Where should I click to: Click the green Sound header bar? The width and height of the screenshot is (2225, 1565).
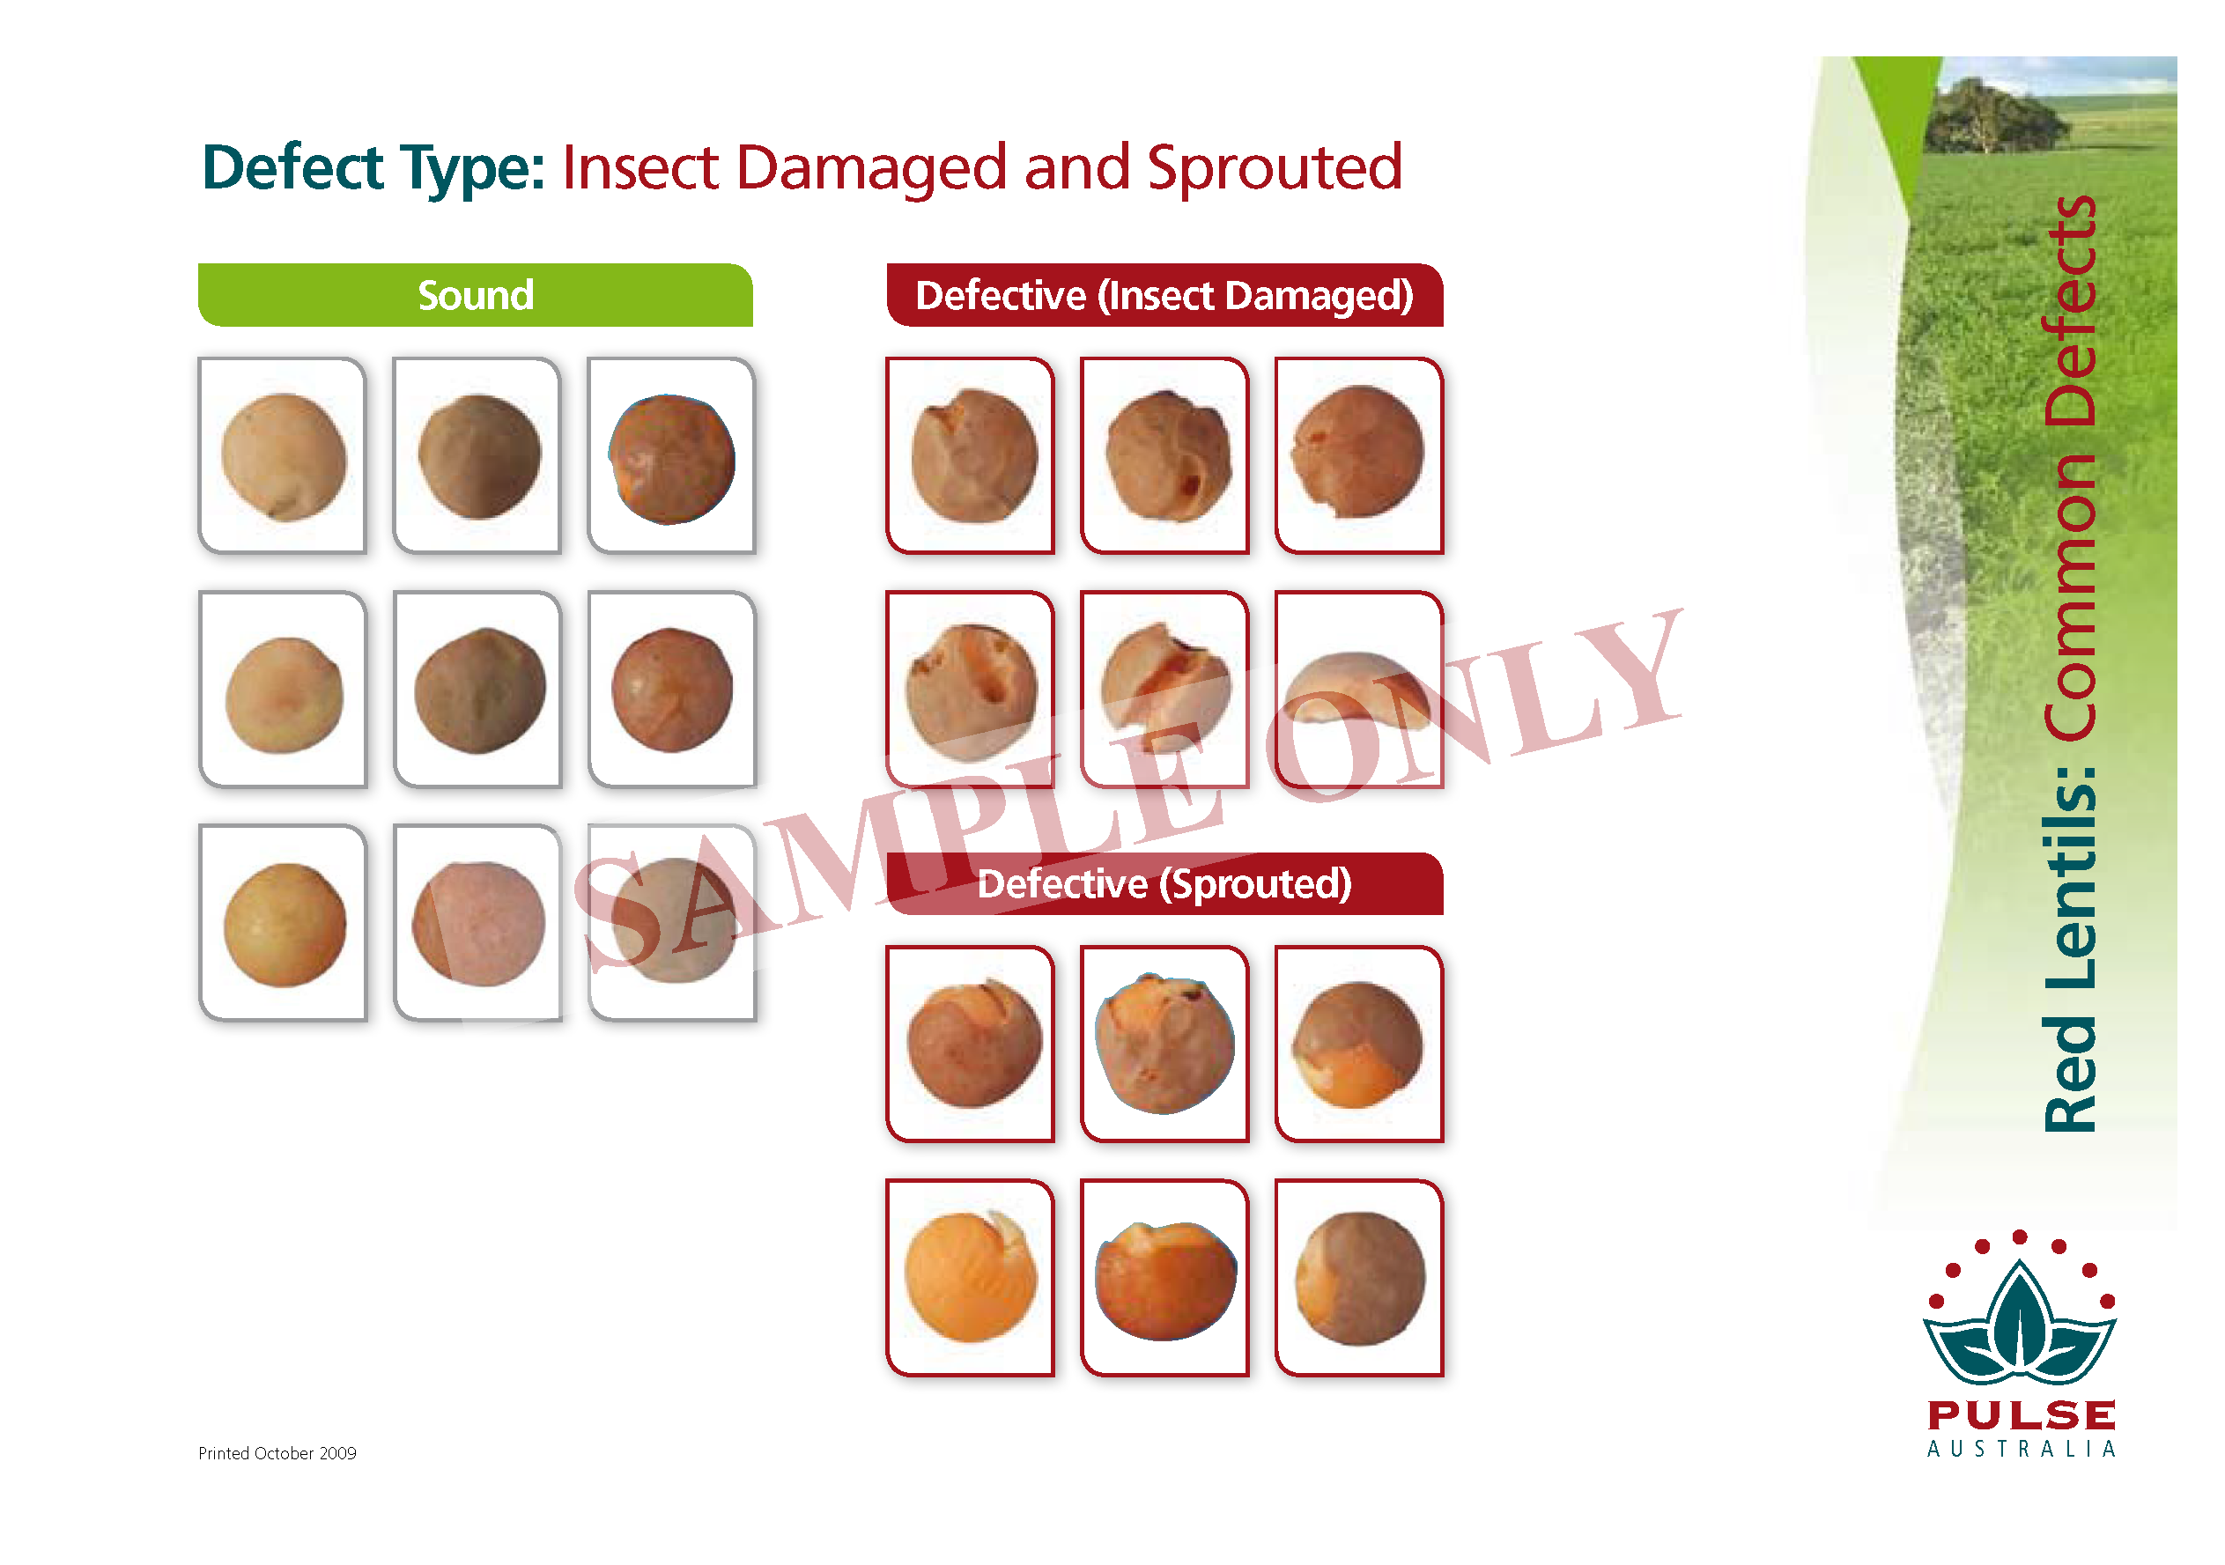tap(475, 294)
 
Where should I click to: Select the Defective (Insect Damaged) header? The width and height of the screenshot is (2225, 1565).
tap(1164, 294)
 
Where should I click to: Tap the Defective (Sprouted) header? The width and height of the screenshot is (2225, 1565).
tap(1164, 882)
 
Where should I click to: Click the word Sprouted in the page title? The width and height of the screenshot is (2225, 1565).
tap(1275, 168)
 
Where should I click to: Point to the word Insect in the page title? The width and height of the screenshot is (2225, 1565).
tap(639, 166)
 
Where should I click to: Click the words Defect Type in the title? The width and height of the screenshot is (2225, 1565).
tap(373, 168)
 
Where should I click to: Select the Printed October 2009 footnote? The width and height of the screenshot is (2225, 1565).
tap(277, 1452)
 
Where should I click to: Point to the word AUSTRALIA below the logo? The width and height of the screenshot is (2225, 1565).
tap(2022, 1449)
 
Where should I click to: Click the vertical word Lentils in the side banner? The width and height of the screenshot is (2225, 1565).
tap(2070, 876)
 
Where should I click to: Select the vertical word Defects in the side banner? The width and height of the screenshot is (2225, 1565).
tap(2070, 311)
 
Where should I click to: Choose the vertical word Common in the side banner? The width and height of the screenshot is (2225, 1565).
tap(2070, 597)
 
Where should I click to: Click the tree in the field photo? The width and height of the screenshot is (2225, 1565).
tap(1992, 116)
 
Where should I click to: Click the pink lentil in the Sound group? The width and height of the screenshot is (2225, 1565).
tap(477, 924)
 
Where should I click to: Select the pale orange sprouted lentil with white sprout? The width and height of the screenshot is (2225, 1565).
tap(970, 1275)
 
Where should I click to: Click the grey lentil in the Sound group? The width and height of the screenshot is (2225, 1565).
tap(675, 920)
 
